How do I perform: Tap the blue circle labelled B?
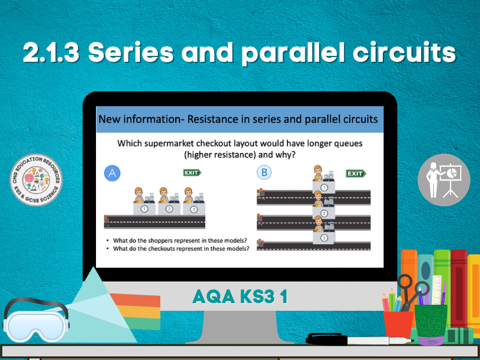263,173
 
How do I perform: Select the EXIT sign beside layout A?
192,173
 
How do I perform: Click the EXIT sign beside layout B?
356,173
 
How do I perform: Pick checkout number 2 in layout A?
169,209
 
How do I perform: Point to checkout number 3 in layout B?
324,238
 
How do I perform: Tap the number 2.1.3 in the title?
52,54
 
